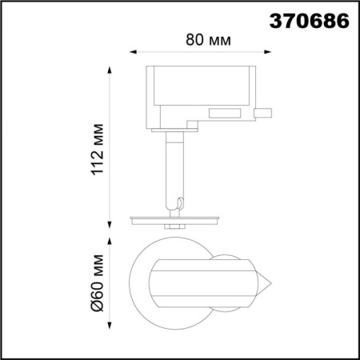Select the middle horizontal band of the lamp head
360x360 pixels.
tap(200, 283)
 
